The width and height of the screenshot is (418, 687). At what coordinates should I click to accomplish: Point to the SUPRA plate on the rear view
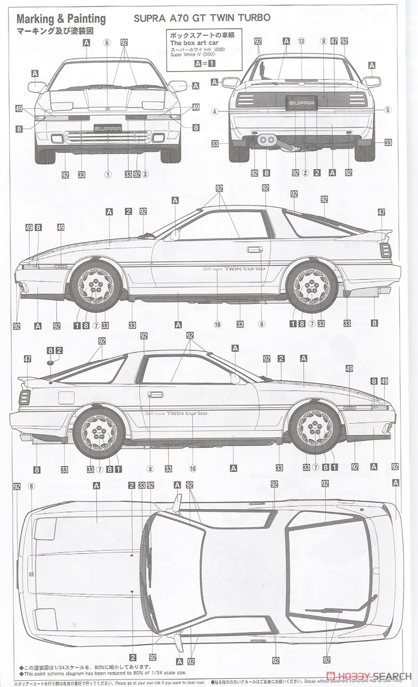click(301, 104)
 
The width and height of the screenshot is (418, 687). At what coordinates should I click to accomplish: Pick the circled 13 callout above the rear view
click(301, 41)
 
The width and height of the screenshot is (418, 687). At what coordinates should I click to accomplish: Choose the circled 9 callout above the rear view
click(323, 41)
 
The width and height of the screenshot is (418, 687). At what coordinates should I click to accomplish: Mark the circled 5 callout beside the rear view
click(388, 110)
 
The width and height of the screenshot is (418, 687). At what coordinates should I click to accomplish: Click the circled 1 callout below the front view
click(107, 173)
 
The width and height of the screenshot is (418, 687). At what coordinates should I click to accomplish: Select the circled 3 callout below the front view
click(145, 173)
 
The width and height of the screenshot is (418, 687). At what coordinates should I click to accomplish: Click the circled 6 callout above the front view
click(107, 42)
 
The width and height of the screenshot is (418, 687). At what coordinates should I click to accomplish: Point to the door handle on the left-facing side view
click(252, 250)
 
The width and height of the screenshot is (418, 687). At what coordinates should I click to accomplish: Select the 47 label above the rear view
click(334, 41)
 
